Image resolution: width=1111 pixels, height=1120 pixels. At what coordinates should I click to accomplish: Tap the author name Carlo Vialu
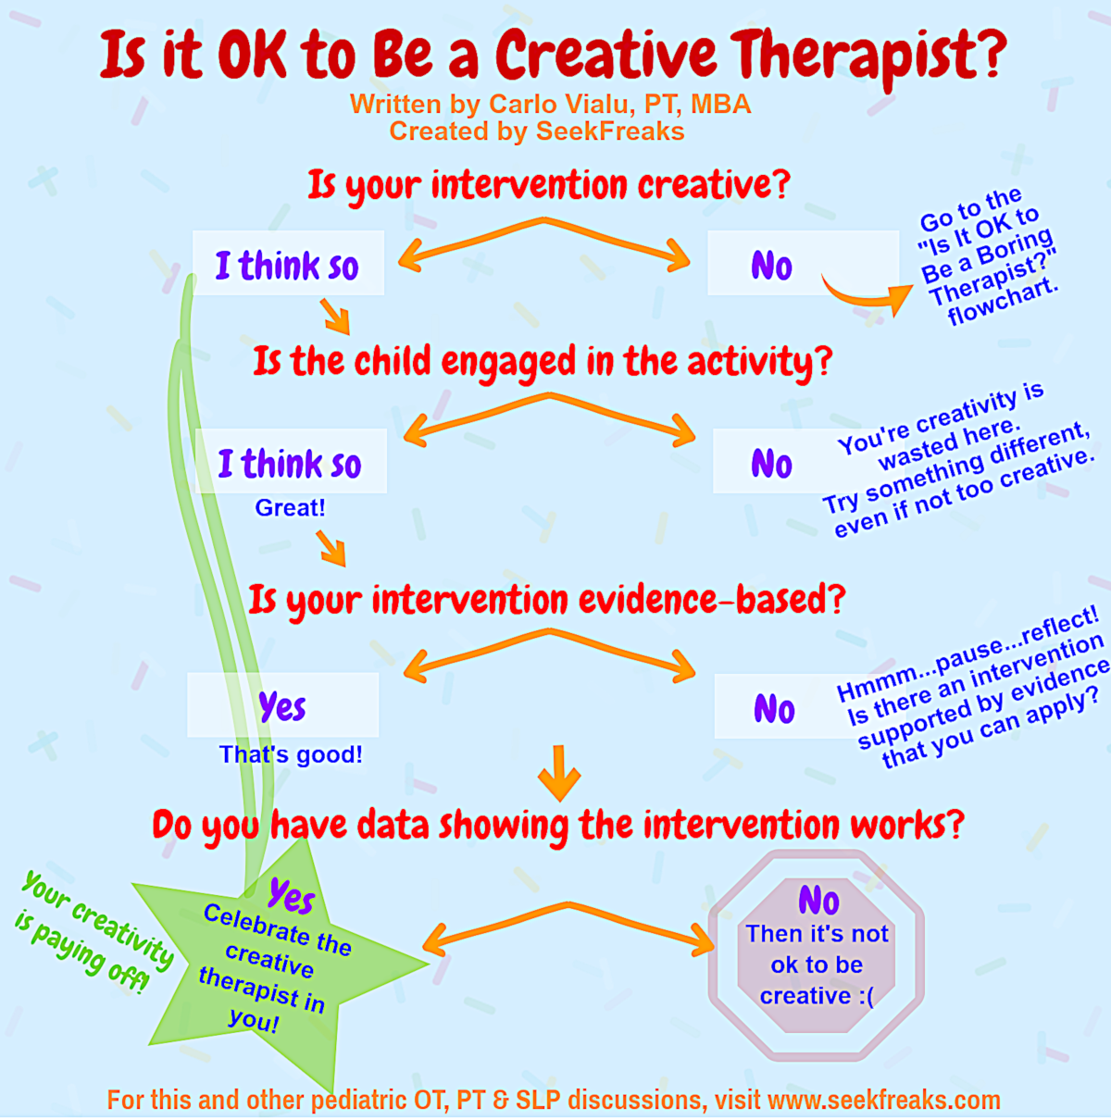click(x=562, y=104)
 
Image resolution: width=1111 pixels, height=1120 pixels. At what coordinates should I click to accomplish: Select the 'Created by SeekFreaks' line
click(x=537, y=131)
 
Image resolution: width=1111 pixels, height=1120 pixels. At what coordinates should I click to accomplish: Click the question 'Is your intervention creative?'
click(x=549, y=186)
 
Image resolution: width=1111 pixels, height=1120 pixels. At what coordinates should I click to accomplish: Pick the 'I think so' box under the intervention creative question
click(x=288, y=263)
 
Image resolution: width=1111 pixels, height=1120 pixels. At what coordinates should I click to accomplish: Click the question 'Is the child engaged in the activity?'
click(x=543, y=362)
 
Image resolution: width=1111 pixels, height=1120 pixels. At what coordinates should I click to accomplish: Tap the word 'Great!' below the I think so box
click(x=290, y=508)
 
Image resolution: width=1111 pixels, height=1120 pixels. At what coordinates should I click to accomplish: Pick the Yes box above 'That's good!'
click(x=283, y=705)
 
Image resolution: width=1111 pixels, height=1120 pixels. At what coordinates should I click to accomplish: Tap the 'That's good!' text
click(x=291, y=754)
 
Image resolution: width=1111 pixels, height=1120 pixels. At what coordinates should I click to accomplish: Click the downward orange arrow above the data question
click(x=559, y=774)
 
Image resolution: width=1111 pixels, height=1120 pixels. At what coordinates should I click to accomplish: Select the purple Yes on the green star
click(x=292, y=896)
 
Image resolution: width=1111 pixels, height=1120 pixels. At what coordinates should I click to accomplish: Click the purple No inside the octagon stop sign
click(x=818, y=900)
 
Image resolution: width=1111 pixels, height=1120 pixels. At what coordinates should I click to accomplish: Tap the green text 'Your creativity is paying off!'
click(x=93, y=933)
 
